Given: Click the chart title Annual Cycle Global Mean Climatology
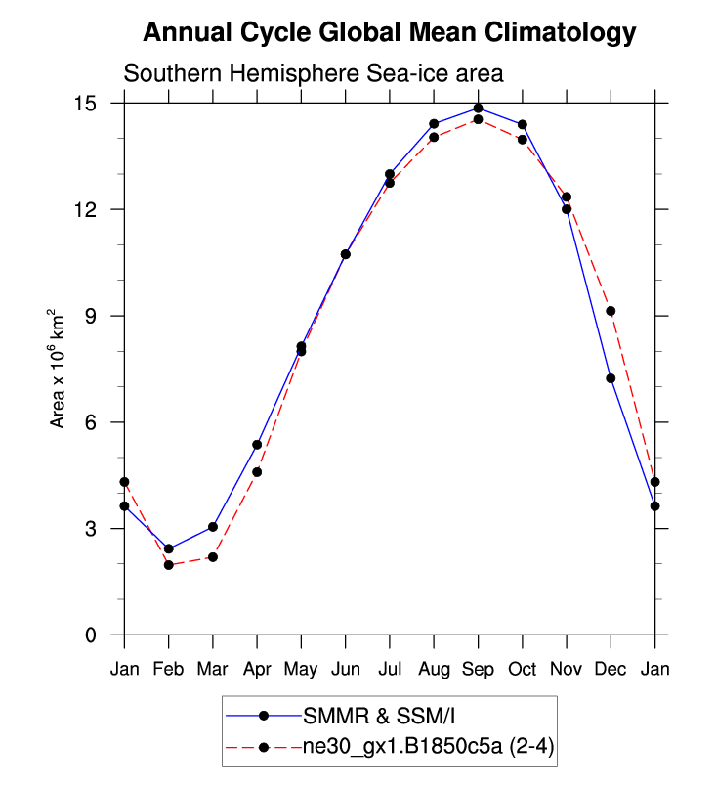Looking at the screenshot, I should [x=389, y=33].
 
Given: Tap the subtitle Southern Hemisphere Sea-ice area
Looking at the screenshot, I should [x=313, y=73].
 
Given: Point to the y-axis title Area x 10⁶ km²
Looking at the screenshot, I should [x=60, y=369].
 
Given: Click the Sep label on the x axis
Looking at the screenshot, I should [x=478, y=670].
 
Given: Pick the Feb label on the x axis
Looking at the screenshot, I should [x=169, y=670].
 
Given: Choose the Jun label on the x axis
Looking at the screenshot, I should [x=345, y=670].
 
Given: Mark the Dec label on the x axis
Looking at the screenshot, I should [x=611, y=670].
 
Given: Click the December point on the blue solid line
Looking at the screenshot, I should [x=611, y=378].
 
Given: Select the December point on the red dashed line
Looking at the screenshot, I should [x=611, y=311].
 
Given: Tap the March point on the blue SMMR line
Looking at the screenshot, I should [x=213, y=527].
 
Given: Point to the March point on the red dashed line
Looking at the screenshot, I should [x=213, y=557].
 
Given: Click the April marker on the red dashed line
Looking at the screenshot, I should [x=257, y=472].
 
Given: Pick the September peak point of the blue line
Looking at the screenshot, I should [x=478, y=109].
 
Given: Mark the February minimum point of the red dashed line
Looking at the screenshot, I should [x=169, y=565].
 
